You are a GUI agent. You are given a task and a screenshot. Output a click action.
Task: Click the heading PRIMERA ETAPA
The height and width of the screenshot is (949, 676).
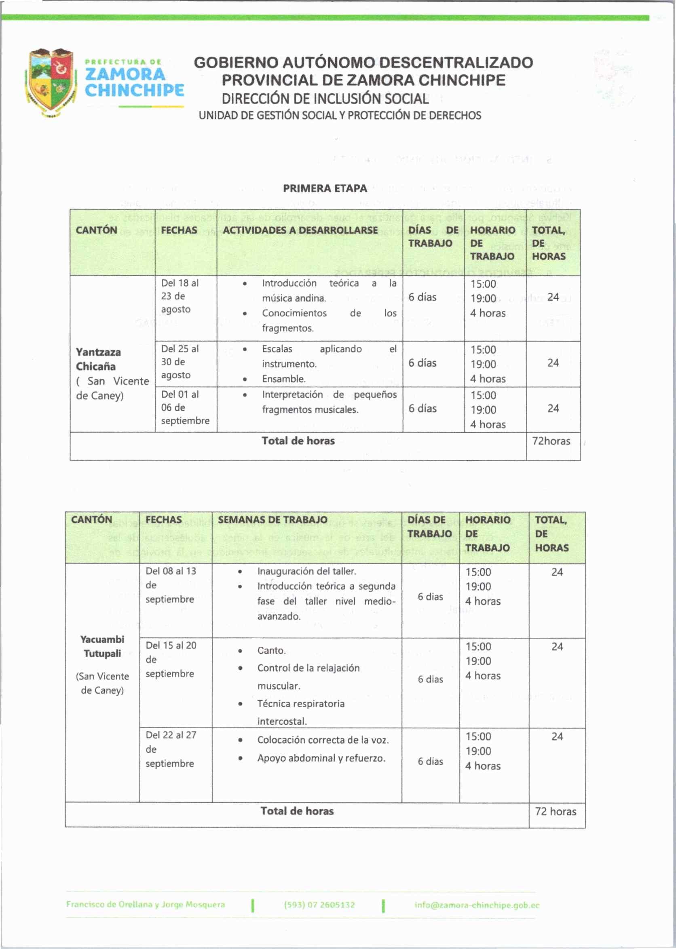pyautogui.click(x=325, y=188)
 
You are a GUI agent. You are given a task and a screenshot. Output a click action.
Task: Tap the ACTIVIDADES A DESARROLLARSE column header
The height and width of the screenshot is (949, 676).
pyautogui.click(x=300, y=230)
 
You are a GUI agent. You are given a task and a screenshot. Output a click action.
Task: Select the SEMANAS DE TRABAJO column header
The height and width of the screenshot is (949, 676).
pyautogui.click(x=272, y=519)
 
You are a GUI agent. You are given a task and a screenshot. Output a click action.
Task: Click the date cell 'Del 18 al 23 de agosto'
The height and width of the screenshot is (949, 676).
pyautogui.click(x=180, y=296)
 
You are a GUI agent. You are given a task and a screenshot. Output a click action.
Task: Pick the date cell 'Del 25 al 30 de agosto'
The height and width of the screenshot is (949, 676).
pyautogui.click(x=180, y=362)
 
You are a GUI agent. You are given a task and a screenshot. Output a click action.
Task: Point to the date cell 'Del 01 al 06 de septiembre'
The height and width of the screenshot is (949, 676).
pyautogui.click(x=185, y=407)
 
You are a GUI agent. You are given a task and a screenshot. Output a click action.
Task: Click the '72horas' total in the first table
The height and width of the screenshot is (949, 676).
pyautogui.click(x=551, y=441)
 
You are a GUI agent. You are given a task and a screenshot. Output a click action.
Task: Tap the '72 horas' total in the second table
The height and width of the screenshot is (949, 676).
pyautogui.click(x=555, y=811)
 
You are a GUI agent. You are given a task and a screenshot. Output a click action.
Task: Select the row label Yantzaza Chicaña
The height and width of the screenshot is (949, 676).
pyautogui.click(x=99, y=359)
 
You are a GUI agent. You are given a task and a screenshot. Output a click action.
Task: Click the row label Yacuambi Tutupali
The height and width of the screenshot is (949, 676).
pyautogui.click(x=102, y=646)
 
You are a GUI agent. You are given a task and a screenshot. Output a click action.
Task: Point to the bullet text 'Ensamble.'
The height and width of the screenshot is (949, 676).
pyautogui.click(x=283, y=379)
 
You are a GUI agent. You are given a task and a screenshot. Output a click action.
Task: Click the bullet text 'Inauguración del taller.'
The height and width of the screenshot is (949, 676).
pyautogui.click(x=306, y=571)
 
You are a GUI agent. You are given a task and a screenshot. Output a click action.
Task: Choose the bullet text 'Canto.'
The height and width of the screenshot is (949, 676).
pyautogui.click(x=271, y=650)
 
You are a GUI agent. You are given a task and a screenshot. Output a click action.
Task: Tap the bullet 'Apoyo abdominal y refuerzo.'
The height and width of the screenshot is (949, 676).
pyautogui.click(x=321, y=758)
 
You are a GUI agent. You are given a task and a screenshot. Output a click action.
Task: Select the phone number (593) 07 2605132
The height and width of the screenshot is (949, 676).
pyautogui.click(x=319, y=905)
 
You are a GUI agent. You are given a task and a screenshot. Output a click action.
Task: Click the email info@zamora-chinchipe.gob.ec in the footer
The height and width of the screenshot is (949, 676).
pyautogui.click(x=477, y=905)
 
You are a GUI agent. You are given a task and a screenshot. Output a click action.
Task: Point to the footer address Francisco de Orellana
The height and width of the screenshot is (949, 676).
pyautogui.click(x=145, y=904)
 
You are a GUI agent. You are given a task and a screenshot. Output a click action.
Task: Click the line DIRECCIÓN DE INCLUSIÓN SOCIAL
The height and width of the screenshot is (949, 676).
pyautogui.click(x=325, y=99)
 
